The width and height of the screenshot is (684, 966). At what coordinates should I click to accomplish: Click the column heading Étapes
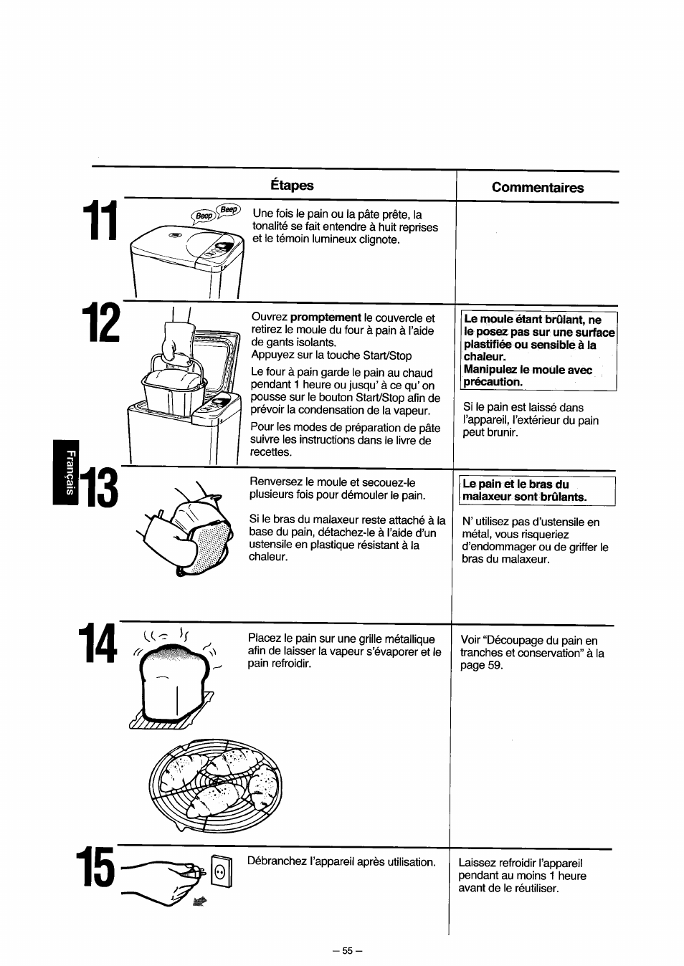292,185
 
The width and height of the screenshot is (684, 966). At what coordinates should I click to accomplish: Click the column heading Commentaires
537,188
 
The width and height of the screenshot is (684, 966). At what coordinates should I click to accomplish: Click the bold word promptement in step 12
326,317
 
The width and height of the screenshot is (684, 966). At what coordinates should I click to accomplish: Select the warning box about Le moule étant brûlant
539,350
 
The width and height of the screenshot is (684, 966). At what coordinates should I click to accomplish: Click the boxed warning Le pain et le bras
536,490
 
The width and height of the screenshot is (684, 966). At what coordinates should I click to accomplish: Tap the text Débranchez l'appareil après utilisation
341,861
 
